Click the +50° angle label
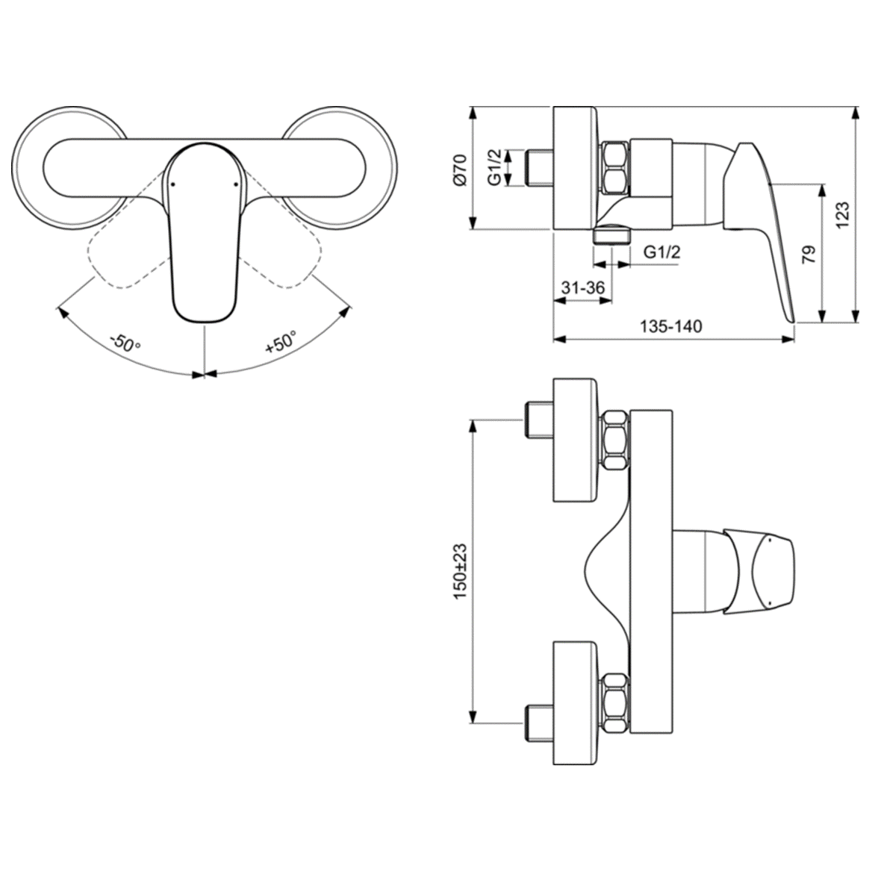[281, 343]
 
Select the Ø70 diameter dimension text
[459, 169]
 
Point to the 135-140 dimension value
[670, 326]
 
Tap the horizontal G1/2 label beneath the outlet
[661, 252]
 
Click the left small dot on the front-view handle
[172, 182]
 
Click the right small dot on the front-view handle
[237, 182]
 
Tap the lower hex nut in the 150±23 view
[615, 703]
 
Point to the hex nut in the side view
[615, 168]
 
